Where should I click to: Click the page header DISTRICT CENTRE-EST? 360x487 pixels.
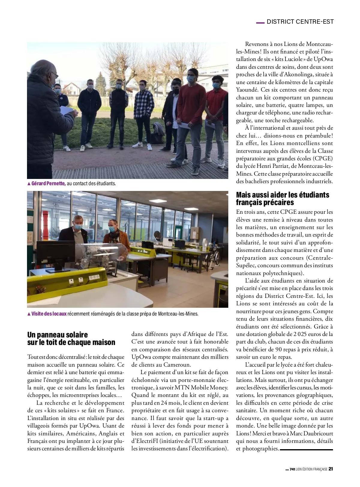(300, 22)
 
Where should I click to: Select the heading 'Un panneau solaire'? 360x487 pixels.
(57, 335)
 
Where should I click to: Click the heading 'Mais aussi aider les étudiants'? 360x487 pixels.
(282, 195)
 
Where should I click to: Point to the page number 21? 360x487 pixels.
(331, 469)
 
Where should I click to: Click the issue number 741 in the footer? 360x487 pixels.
(292, 469)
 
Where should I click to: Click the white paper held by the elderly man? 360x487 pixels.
(68, 110)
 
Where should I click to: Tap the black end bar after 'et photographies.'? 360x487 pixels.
(306, 449)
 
